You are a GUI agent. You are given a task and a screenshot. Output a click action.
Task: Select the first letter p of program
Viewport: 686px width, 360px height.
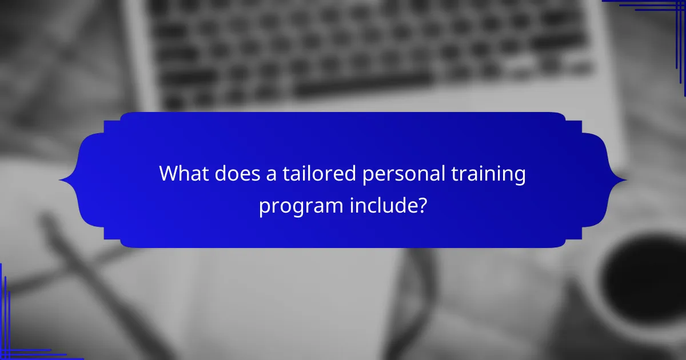click(264, 207)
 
